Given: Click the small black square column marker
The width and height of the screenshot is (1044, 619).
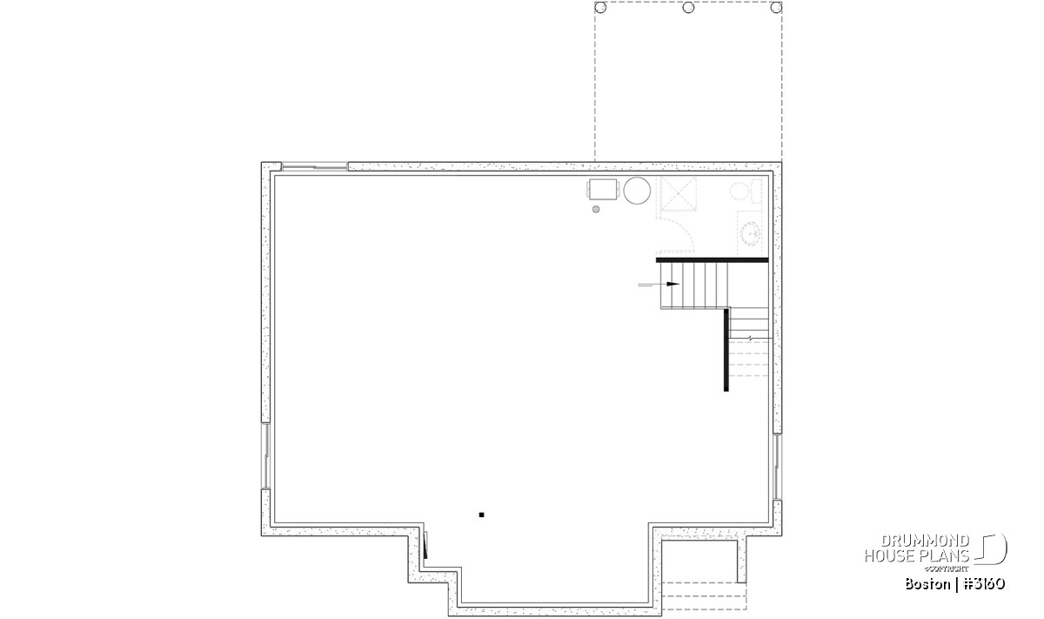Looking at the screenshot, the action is pyautogui.click(x=481, y=515).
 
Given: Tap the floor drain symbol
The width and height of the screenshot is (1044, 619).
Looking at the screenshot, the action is pyautogui.click(x=596, y=210).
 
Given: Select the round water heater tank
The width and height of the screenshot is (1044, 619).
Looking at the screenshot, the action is pyautogui.click(x=637, y=191).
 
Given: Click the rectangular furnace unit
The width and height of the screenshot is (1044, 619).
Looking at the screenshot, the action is pyautogui.click(x=603, y=190).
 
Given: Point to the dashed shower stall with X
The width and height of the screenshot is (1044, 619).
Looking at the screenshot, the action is pyautogui.click(x=679, y=194).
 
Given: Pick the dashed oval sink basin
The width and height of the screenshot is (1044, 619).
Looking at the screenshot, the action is pyautogui.click(x=750, y=232).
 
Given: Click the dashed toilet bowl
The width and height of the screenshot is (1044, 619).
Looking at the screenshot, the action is pyautogui.click(x=739, y=192).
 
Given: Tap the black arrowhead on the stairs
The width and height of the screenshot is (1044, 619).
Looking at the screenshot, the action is pyautogui.click(x=673, y=284).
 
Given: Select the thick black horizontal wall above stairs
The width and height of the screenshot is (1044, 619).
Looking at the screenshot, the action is pyautogui.click(x=713, y=259).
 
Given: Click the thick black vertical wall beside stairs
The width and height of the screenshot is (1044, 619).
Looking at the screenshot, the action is pyautogui.click(x=726, y=350).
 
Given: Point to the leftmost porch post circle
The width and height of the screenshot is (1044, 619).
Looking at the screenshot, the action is pyautogui.click(x=601, y=8).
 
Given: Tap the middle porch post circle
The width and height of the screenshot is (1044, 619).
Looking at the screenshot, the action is pyautogui.click(x=688, y=8).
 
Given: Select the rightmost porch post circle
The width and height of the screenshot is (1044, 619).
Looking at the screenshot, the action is pyautogui.click(x=776, y=8).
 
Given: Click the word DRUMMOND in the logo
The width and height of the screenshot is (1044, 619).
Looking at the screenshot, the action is pyautogui.click(x=925, y=542).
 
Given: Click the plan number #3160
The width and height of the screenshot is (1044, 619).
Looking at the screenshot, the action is pyautogui.click(x=983, y=584).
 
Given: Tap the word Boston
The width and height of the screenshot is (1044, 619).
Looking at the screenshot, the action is pyautogui.click(x=927, y=584).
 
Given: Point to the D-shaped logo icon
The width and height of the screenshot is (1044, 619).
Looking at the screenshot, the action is pyautogui.click(x=990, y=549).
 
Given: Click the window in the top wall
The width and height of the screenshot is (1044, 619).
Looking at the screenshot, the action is pyautogui.click(x=315, y=166).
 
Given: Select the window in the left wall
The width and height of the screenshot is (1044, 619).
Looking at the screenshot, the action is pyautogui.click(x=265, y=456).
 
